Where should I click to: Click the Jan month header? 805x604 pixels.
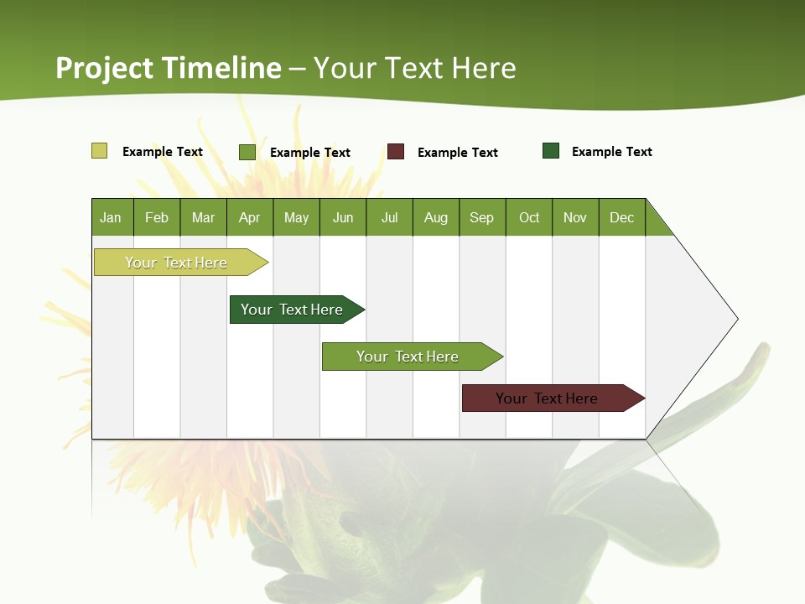pos(112,217)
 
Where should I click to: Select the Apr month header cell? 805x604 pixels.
pos(250,217)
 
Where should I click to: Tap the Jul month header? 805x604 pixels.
pos(389,217)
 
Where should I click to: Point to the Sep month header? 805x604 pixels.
pos(482,217)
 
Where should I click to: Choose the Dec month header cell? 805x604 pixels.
pos(621,217)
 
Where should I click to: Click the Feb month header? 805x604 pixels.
pos(157,217)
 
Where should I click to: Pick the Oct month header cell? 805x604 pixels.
pos(529,217)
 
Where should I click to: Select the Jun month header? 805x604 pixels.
pos(343,217)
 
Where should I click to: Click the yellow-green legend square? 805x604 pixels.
pos(100,151)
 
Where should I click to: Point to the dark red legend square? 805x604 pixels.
pos(396,152)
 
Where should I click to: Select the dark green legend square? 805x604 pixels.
pos(551,151)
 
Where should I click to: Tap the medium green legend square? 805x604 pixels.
pos(247,152)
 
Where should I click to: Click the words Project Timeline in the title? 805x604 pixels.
pos(169,68)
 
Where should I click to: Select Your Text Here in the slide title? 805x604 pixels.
pos(415,68)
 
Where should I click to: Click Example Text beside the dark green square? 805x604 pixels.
pos(611,152)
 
